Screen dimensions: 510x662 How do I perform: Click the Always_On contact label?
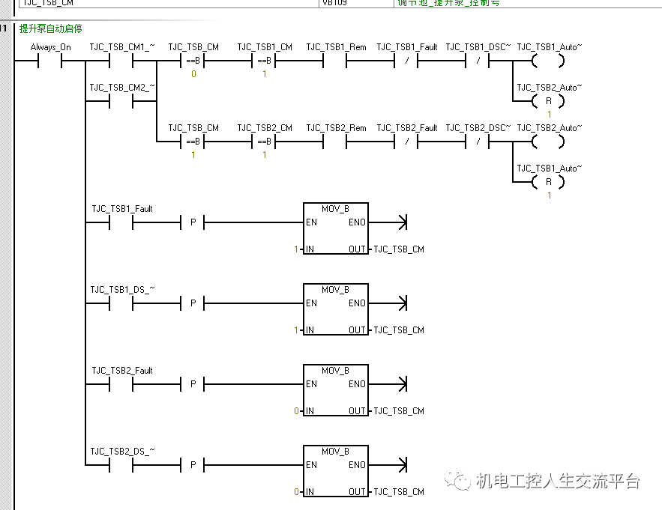click(x=51, y=47)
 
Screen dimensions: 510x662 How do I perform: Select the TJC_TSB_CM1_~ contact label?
click(x=122, y=47)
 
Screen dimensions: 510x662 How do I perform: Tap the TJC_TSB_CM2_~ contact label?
click(x=122, y=88)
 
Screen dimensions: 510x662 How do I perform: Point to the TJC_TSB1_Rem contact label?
click(x=336, y=47)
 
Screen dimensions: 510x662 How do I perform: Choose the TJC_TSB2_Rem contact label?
click(x=336, y=128)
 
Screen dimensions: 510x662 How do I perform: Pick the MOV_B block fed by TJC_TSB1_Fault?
click(x=335, y=228)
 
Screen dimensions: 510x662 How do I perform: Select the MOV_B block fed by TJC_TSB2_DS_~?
click(x=335, y=471)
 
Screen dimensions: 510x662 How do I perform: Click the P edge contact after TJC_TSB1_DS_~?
click(x=193, y=303)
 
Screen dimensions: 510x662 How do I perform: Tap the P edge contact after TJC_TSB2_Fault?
click(x=193, y=384)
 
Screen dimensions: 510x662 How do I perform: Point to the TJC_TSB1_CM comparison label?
click(x=265, y=47)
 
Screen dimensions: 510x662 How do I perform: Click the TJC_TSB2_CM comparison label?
click(x=265, y=128)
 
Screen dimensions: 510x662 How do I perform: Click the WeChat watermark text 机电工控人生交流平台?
click(x=559, y=481)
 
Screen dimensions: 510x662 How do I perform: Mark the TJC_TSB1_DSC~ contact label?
click(x=478, y=47)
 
